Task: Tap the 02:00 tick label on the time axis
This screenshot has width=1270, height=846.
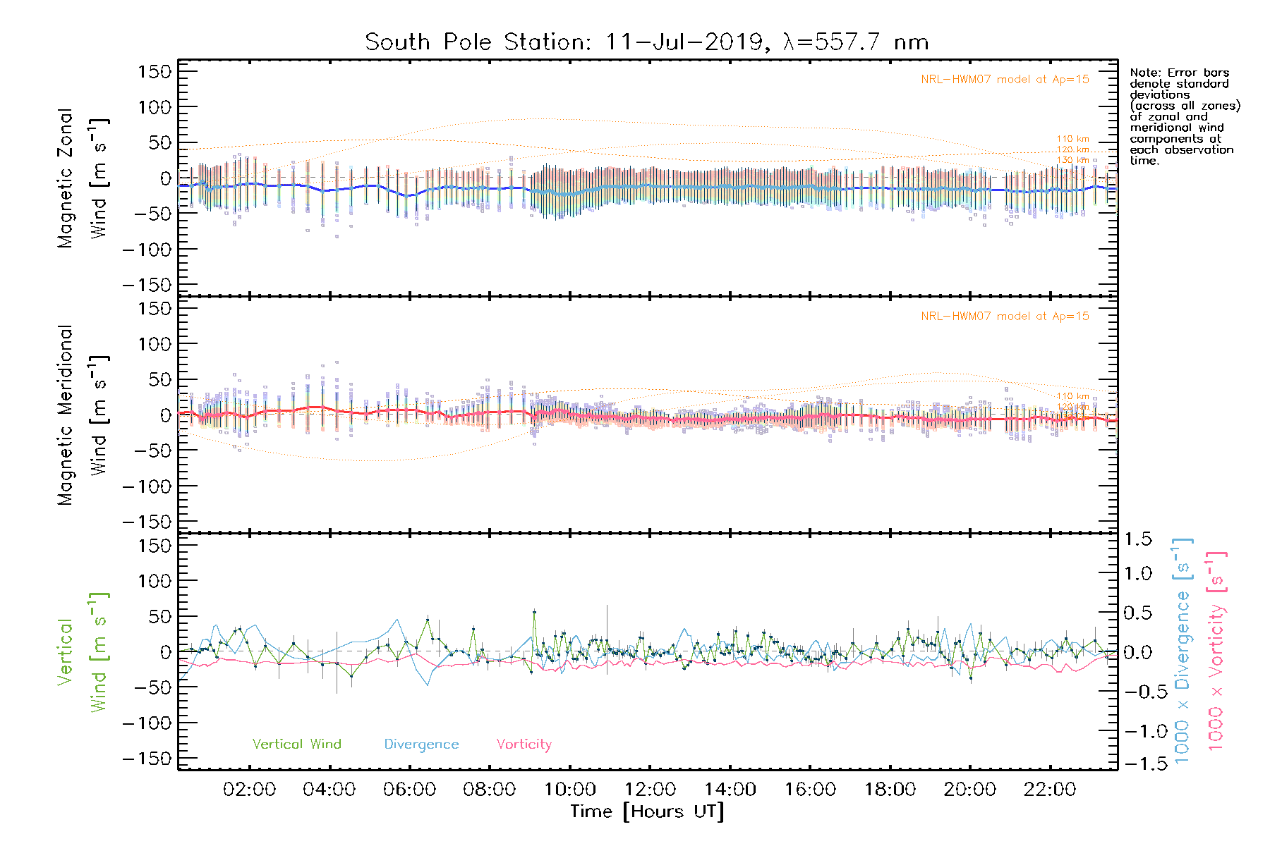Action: [249, 789]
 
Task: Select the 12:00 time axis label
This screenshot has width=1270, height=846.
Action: [650, 789]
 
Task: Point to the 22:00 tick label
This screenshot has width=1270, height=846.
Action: [1050, 789]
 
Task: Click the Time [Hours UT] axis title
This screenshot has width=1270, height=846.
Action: [647, 811]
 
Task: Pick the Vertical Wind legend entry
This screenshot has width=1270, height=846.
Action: [296, 744]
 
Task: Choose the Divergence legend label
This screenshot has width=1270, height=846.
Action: [421, 744]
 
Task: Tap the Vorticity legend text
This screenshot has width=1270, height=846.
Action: [524, 744]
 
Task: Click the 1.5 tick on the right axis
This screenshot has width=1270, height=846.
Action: [1137, 539]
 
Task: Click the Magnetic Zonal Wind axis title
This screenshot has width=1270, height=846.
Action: [83, 178]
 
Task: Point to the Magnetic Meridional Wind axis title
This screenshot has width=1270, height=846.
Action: [83, 415]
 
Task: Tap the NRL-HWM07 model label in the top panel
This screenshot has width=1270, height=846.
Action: [1005, 79]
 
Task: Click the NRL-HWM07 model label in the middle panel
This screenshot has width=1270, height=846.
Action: [1005, 316]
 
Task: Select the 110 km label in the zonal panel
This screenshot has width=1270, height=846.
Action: [1072, 139]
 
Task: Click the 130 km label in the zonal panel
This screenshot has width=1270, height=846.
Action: [1072, 160]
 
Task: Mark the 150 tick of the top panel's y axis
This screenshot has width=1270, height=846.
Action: [155, 71]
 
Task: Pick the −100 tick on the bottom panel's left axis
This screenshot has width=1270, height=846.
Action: [147, 723]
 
